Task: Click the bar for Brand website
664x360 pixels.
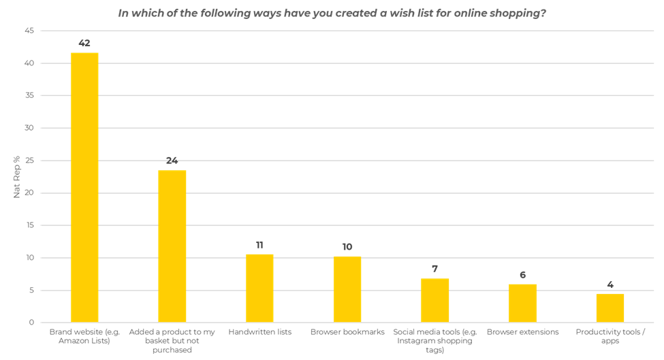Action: (x=84, y=187)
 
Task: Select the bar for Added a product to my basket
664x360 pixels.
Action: (x=172, y=246)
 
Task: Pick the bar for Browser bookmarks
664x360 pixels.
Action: (x=347, y=289)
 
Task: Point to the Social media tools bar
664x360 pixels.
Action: (x=434, y=300)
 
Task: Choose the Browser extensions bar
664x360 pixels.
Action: (x=522, y=303)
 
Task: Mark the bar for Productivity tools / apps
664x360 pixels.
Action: (x=610, y=308)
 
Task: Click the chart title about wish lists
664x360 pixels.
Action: (x=332, y=13)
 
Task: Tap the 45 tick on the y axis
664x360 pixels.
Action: (x=29, y=31)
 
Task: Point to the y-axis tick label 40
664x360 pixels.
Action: (x=29, y=63)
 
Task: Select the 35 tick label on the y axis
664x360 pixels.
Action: (x=29, y=96)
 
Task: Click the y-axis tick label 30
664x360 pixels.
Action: (x=29, y=128)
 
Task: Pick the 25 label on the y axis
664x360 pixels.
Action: (x=29, y=161)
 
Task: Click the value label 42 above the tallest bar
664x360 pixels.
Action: (x=84, y=44)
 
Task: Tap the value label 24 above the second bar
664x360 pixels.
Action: (x=172, y=161)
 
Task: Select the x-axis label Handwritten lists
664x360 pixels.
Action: (x=259, y=332)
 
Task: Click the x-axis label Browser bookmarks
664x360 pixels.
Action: (x=347, y=332)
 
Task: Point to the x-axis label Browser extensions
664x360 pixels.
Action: (x=522, y=332)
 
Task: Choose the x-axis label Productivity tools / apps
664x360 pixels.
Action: (x=610, y=336)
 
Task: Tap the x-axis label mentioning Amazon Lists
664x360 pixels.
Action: (x=84, y=336)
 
